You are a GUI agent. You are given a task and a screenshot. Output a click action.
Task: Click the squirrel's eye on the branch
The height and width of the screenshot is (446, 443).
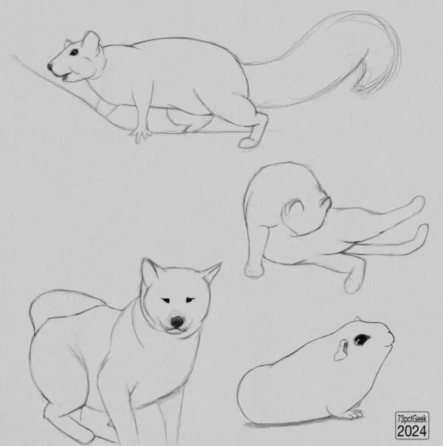pos(74,53)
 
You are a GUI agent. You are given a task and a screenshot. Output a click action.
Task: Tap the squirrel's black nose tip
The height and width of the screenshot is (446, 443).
pos(50,67)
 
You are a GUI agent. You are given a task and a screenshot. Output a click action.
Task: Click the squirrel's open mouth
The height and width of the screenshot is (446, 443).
pos(65,76)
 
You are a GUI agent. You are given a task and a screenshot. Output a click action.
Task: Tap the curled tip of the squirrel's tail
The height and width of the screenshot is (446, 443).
pos(361,89)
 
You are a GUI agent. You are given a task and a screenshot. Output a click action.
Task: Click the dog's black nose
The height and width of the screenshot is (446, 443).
pos(176,322)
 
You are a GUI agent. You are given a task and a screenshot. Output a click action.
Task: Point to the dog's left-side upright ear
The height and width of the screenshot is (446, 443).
pos(150,274)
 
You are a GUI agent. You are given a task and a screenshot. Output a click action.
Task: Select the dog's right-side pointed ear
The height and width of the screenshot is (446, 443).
pos(212,274)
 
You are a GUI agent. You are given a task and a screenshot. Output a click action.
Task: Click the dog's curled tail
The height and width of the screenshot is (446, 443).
pos(64,304)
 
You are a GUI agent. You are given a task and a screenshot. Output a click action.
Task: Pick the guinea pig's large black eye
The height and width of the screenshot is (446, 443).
pos(361,339)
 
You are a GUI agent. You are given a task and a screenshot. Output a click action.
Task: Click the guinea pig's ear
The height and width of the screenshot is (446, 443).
pos(341,351)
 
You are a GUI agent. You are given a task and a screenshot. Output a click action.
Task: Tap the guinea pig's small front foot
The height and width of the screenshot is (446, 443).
pos(354,414)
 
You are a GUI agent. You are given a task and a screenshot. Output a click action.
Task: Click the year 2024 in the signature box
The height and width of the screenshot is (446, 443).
pos(412,431)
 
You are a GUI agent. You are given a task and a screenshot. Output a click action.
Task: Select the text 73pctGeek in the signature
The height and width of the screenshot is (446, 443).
pos(412,419)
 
